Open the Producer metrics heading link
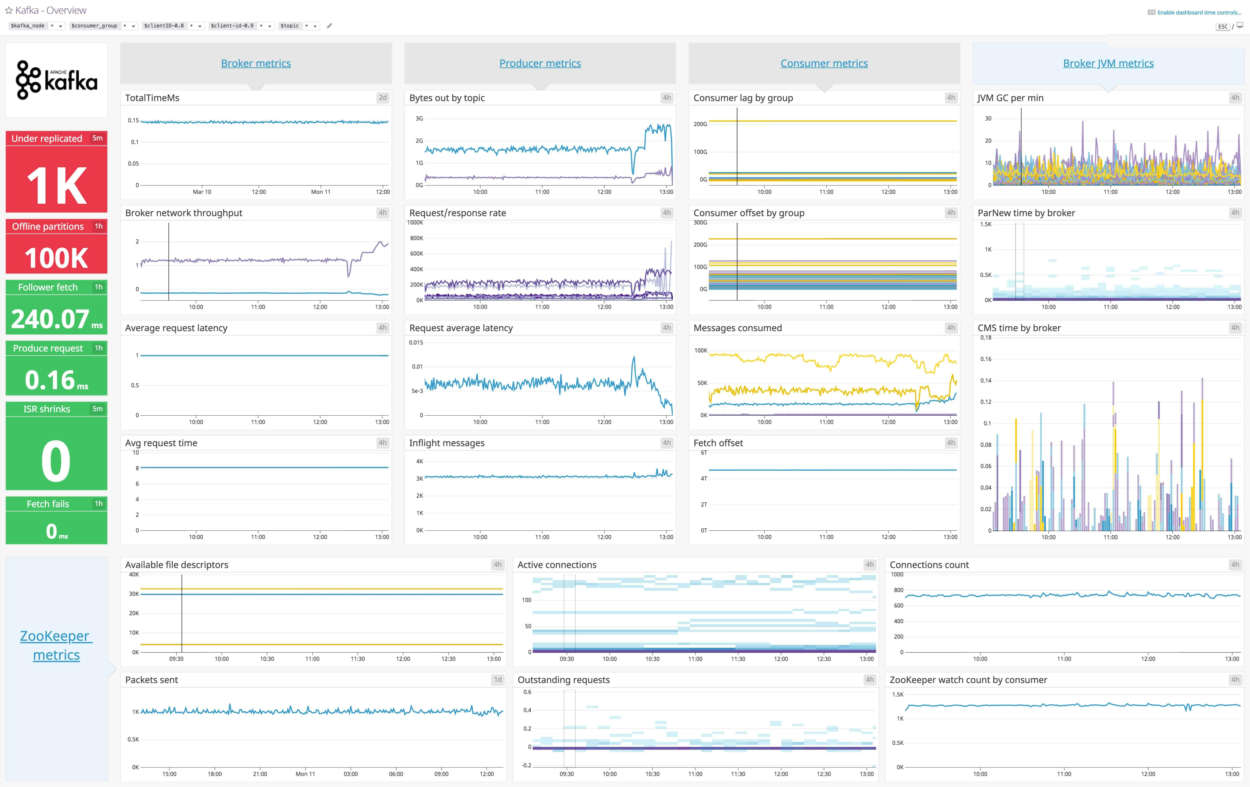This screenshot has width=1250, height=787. (x=540, y=63)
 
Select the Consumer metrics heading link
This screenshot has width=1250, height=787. (x=824, y=63)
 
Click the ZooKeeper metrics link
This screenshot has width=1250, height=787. (x=56, y=645)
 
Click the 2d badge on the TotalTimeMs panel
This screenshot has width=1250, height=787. (x=383, y=98)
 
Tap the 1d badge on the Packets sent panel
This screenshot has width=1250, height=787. (x=497, y=680)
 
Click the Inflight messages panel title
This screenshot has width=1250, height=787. (x=446, y=443)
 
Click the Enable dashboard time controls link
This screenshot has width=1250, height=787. (x=1199, y=12)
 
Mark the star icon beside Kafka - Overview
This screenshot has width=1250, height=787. (x=8, y=10)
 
